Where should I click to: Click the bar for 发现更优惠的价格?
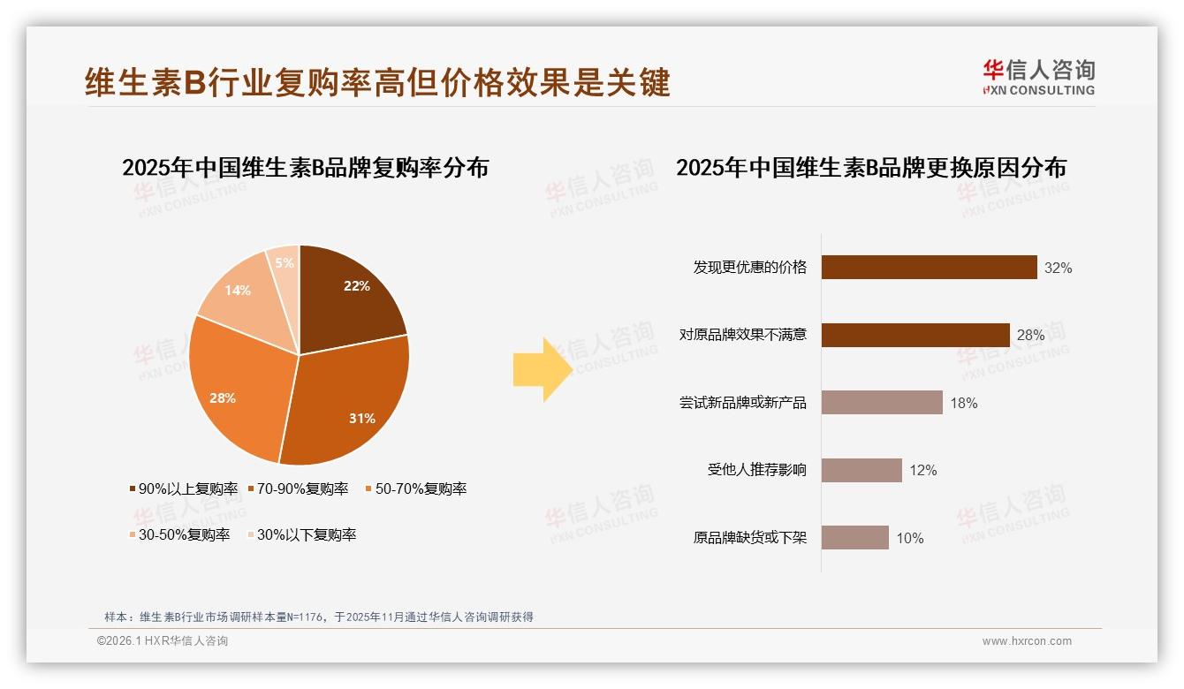pyautogui.click(x=929, y=267)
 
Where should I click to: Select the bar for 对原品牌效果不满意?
pyautogui.click(x=915, y=335)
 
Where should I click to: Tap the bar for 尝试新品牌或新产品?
pyautogui.click(x=882, y=403)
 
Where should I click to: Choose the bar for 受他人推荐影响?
pyautogui.click(x=861, y=470)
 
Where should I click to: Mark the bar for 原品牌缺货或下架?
pyautogui.click(x=854, y=538)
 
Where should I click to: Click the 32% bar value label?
pyautogui.click(x=1058, y=268)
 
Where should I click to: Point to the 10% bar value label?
pyautogui.click(x=910, y=538)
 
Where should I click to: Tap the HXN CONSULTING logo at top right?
pyautogui.click(x=1039, y=78)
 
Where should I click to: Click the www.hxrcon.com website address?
pyautogui.click(x=1027, y=641)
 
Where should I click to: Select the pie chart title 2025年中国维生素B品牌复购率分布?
pyautogui.click(x=305, y=168)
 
